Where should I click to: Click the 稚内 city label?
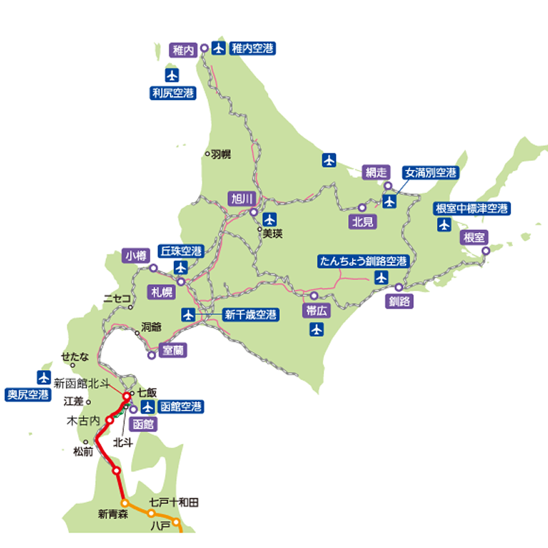click(x=184, y=49)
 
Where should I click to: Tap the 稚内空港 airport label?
click(x=252, y=48)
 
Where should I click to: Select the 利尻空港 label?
click(x=172, y=92)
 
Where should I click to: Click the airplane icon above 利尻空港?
click(x=172, y=74)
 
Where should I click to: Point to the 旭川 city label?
click(x=242, y=199)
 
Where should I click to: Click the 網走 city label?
click(x=377, y=173)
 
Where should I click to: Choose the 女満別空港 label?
click(x=430, y=173)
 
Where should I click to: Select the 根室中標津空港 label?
click(x=473, y=208)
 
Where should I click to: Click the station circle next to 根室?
click(x=486, y=251)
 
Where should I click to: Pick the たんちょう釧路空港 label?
click(x=364, y=261)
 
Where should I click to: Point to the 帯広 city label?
click(x=316, y=310)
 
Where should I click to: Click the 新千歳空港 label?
click(x=251, y=315)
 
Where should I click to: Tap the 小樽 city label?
click(x=136, y=256)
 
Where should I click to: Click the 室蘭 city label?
click(x=172, y=350)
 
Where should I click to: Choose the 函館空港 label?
click(x=180, y=407)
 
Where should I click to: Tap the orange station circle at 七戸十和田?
click(x=151, y=513)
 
